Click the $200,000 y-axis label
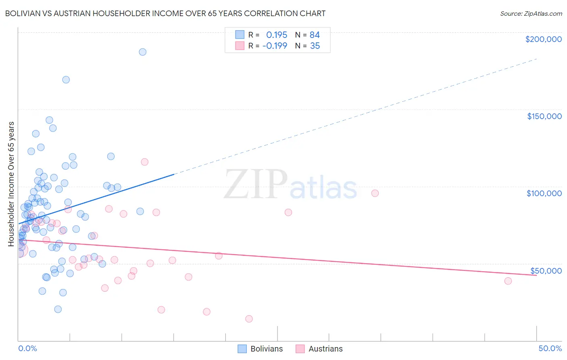[543, 39]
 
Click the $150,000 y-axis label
[544, 116]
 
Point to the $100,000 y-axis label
[544, 193]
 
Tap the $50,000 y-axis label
[546, 270]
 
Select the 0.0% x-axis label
[27, 348]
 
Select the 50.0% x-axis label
[550, 348]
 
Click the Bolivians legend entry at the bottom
[266, 349]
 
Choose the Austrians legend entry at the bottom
[325, 349]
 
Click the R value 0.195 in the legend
[277, 35]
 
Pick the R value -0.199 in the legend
[275, 46]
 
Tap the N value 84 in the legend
[315, 35]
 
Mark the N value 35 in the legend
[315, 46]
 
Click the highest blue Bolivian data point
[142, 52]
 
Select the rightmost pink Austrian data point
[508, 281]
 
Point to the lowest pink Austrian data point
[249, 319]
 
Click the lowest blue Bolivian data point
[58, 309]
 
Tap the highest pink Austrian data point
[144, 162]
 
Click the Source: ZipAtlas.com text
[531, 14]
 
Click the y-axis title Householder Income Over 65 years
[11, 184]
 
